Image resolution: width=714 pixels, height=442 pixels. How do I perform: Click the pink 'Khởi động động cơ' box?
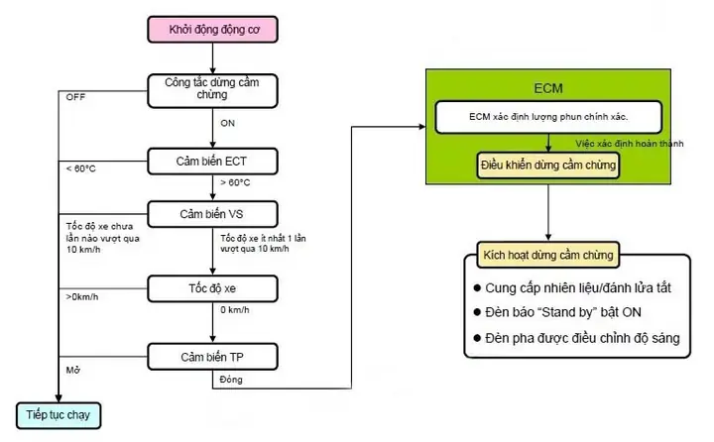coord(212,30)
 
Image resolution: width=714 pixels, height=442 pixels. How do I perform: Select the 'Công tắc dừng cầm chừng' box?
coord(212,90)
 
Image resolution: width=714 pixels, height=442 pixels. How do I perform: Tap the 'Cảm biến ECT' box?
coord(212,162)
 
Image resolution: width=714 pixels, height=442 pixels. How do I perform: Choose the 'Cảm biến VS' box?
coord(212,214)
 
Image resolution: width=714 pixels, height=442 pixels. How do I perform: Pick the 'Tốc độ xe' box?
coord(212,288)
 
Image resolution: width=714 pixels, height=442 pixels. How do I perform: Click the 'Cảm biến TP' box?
coord(212,357)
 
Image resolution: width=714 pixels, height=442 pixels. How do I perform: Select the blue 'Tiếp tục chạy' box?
coord(59,415)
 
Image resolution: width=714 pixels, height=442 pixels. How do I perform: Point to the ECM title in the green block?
coord(548,88)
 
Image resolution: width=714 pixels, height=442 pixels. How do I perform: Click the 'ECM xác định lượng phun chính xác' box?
coord(548,117)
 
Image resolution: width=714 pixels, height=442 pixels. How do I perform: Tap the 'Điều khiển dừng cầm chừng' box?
coord(548,165)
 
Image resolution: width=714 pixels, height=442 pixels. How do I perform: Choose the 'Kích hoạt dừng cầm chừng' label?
coord(548,255)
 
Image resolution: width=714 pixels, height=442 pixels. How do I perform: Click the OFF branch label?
coord(75,97)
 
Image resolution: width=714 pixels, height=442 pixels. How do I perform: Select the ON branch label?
coord(228,123)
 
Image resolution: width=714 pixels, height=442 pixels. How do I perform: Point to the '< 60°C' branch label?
coord(81,168)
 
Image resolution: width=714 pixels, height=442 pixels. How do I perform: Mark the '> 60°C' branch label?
coord(235,182)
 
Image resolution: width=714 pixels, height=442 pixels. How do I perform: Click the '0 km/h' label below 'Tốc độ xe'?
coord(235,310)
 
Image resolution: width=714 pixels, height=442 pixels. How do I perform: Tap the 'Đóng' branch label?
coord(231,380)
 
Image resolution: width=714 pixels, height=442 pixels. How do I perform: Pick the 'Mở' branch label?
coord(73,370)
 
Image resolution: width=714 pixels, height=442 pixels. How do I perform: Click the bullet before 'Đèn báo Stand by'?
coord(477,312)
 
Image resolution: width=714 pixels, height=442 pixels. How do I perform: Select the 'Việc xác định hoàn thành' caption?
coord(630,144)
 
